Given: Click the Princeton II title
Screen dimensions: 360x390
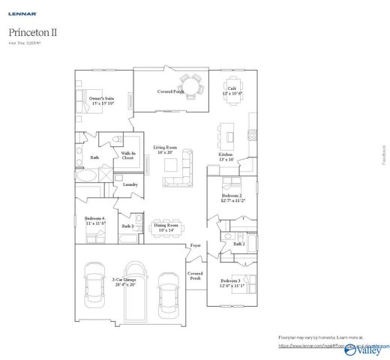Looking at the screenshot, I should (x=33, y=33).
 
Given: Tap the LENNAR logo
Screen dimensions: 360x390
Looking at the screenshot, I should (x=20, y=13).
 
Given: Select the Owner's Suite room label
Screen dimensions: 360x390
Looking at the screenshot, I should (x=101, y=100).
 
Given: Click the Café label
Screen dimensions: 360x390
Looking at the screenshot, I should (x=232, y=91).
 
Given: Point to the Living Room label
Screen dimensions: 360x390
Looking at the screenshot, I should (x=165, y=149).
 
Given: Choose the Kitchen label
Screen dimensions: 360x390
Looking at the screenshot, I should (x=226, y=157).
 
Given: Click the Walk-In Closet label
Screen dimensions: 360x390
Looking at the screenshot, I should (x=127, y=156).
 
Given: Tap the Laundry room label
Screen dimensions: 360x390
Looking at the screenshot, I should (x=130, y=184).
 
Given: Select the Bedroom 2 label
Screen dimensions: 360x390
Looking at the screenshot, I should (x=231, y=198).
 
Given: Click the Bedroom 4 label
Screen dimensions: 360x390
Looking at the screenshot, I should (x=94, y=220).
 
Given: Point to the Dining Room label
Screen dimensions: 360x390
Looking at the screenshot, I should (x=166, y=226).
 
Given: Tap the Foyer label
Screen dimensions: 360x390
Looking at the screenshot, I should (x=195, y=245).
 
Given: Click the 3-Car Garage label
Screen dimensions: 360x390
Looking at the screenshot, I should (x=124, y=282).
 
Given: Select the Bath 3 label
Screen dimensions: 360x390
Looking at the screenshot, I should (x=127, y=225).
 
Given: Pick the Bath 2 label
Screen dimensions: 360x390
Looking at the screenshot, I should (x=238, y=243).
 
